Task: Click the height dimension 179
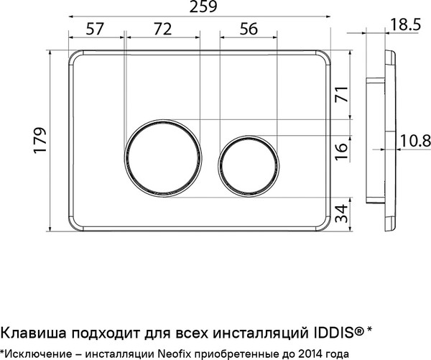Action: click(40, 142)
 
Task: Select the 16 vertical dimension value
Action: click(342, 149)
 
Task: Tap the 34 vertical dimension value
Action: click(342, 212)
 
